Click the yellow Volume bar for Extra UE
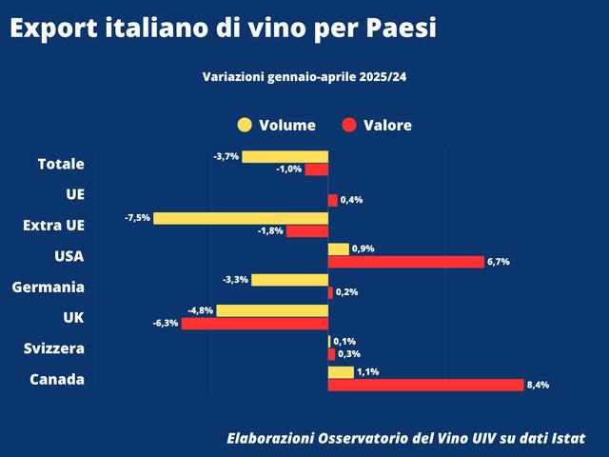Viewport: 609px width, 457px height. coord(241,218)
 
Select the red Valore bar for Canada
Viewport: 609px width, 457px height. coord(425,385)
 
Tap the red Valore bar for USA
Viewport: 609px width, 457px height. coord(406,262)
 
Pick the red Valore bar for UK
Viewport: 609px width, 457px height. coord(255,324)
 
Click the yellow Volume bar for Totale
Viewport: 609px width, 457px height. coord(285,156)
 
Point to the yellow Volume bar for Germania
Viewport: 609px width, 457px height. coord(289,280)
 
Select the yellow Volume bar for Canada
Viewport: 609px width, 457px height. coord(341,372)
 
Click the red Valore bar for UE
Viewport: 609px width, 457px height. coord(332,200)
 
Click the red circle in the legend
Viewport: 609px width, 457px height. coord(349,125)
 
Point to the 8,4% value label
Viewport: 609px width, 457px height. coord(538,386)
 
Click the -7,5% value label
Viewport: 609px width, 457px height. coord(137,218)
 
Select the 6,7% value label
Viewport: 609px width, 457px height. coord(499,262)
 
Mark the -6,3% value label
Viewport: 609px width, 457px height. coord(166,324)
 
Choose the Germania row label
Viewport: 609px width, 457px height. coord(48,287)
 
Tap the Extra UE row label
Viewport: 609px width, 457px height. coord(53,226)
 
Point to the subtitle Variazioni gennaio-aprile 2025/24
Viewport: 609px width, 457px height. coord(311,77)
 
